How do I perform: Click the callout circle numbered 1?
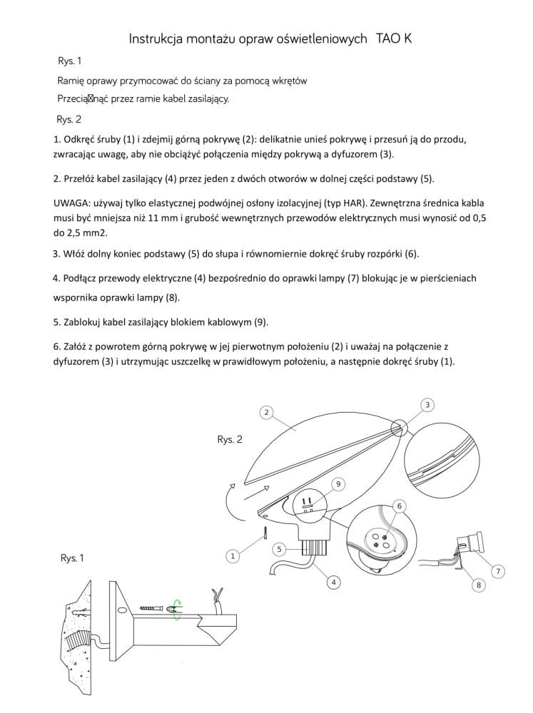coord(232,555)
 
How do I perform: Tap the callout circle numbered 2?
coord(265,412)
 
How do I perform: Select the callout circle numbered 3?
coord(427,405)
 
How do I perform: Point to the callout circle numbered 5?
coord(280,549)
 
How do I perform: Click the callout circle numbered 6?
coord(400,506)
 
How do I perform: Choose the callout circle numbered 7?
coord(499,571)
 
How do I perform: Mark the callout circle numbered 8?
coord(478,585)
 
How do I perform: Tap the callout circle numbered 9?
coord(338,484)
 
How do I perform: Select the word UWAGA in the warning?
coord(71,202)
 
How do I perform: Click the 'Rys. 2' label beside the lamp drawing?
coord(229,440)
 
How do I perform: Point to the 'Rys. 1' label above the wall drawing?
coord(73,559)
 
